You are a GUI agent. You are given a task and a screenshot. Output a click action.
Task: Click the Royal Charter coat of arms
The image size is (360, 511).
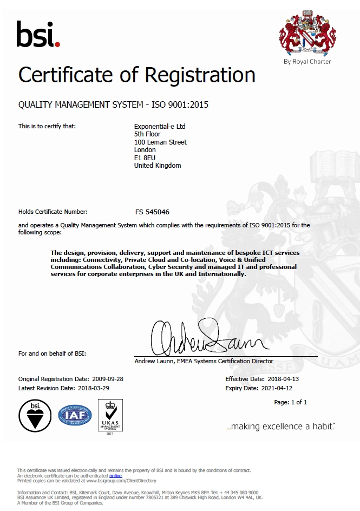(x=307, y=35)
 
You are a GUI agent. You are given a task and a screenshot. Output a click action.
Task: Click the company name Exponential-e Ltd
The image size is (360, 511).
(x=160, y=127)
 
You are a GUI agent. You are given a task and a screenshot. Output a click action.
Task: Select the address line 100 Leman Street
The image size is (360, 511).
(x=160, y=142)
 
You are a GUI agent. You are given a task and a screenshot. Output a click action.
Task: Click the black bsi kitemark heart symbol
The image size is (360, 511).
(x=35, y=416)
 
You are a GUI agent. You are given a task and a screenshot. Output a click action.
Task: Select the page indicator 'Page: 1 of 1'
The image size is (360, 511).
(x=291, y=402)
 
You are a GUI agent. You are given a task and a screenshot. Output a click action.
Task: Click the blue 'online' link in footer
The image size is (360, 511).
(x=115, y=475)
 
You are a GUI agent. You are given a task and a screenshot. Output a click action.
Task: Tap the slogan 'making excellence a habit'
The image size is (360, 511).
(x=280, y=427)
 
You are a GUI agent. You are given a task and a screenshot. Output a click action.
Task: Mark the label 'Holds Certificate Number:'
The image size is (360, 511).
(x=53, y=212)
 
